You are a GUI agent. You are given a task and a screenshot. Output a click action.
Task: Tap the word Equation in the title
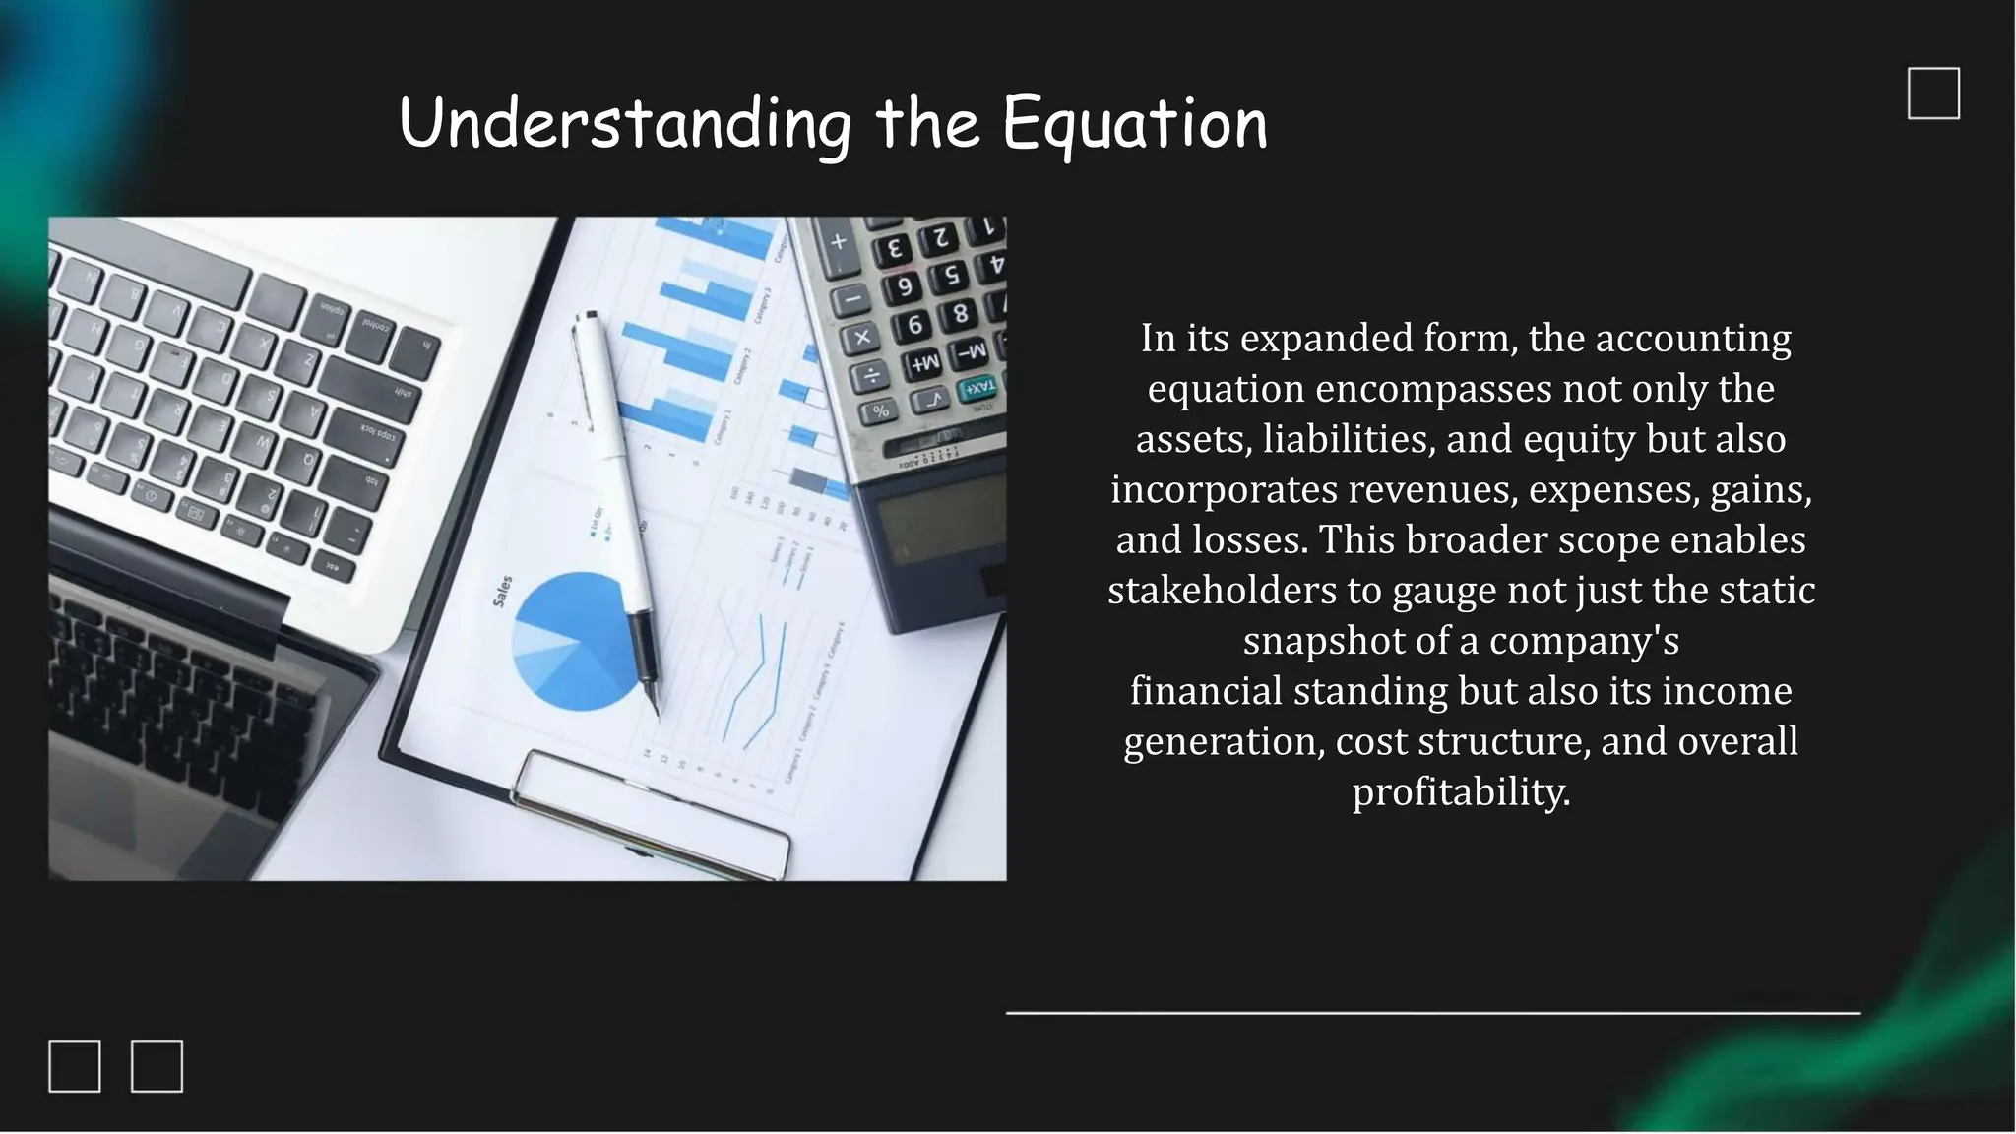[x=1134, y=126]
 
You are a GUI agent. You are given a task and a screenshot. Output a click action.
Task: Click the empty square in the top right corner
[x=1933, y=94]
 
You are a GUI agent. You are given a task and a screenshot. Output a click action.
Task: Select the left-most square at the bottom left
[x=75, y=1066]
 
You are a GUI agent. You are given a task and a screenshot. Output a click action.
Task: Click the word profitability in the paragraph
[x=1460, y=791]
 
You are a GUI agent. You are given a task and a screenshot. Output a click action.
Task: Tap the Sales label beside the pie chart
[x=502, y=591]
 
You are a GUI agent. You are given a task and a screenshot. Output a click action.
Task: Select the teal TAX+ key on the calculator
[x=977, y=387]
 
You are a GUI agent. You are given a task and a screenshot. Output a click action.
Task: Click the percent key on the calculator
[x=879, y=410]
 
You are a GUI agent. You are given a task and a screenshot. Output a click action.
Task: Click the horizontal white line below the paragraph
[x=1432, y=1012]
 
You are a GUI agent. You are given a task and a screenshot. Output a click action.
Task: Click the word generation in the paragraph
[x=1223, y=741]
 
